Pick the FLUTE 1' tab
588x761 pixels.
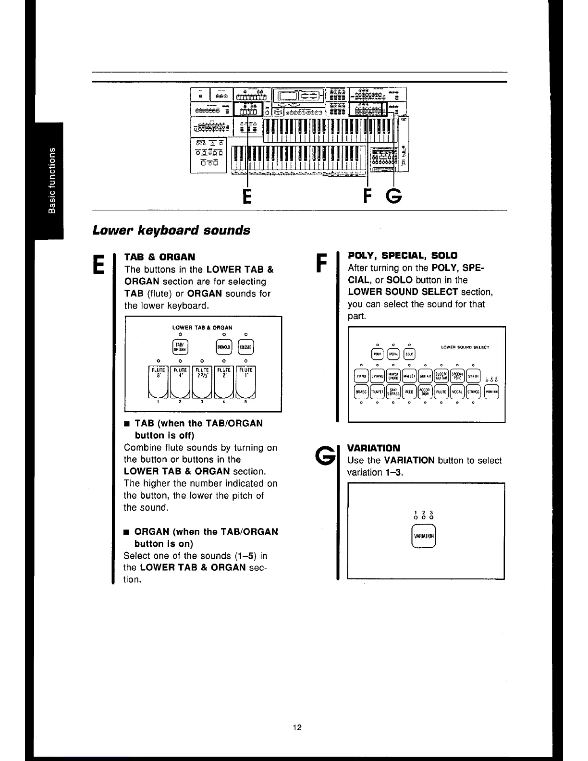[245, 382]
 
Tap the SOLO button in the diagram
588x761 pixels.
[408, 354]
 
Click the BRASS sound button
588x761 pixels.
[361, 392]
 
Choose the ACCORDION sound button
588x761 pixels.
[425, 392]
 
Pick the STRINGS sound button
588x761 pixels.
[474, 392]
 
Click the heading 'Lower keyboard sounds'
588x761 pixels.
[171, 230]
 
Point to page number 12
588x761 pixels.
[297, 727]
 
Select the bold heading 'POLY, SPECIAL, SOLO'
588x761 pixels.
[403, 255]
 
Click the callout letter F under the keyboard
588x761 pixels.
[367, 196]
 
